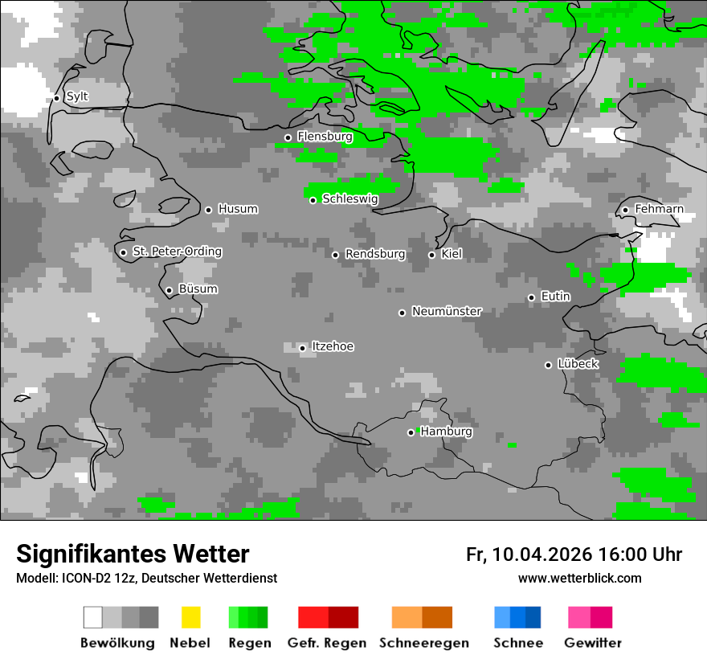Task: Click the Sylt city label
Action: click(x=77, y=96)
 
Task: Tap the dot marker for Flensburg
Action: click(x=288, y=137)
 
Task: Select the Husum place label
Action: click(x=238, y=209)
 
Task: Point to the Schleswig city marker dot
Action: click(x=313, y=200)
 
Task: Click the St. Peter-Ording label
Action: click(x=177, y=252)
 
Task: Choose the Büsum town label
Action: click(x=198, y=289)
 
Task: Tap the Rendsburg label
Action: click(x=375, y=254)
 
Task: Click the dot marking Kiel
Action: click(x=431, y=255)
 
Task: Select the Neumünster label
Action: click(x=447, y=311)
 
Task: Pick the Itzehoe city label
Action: click(x=333, y=346)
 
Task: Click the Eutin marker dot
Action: click(x=531, y=297)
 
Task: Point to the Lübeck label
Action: click(x=578, y=364)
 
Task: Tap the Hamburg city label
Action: click(x=447, y=432)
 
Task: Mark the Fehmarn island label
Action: click(x=659, y=209)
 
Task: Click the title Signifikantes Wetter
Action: click(x=133, y=554)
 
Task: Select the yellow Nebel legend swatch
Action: click(x=190, y=617)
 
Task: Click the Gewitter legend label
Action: click(x=592, y=643)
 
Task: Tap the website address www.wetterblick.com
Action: click(x=579, y=578)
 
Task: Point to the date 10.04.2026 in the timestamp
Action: click(x=542, y=554)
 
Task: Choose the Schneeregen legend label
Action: click(x=424, y=643)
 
